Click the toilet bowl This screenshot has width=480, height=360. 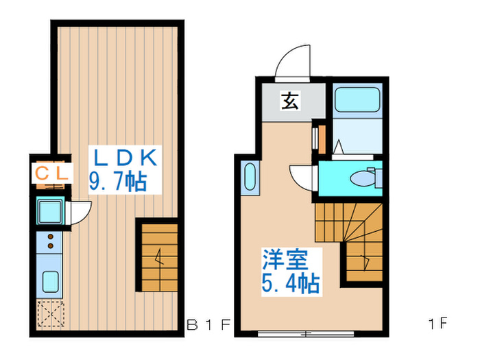click(x=361, y=178)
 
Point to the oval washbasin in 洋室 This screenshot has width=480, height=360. click(x=250, y=179)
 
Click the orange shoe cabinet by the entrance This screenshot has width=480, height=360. click(x=317, y=138)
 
